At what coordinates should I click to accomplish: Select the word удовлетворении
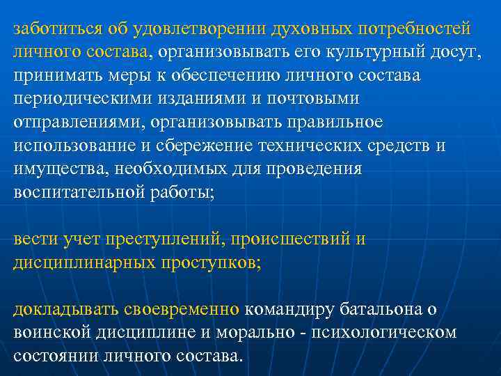198,29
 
